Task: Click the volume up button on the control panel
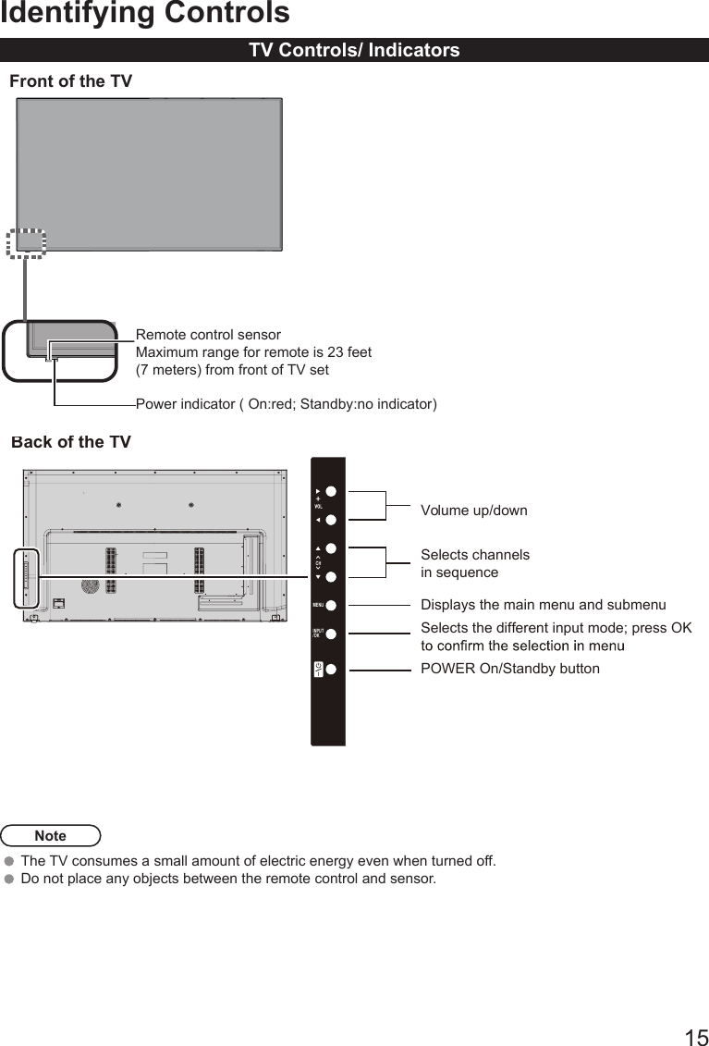tap(330, 492)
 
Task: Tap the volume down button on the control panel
tap(330, 521)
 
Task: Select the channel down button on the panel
tap(330, 577)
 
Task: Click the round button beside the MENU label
tap(330, 606)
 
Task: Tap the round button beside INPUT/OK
tap(330, 634)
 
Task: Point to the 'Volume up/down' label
tap(473, 511)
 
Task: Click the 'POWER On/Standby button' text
tap(509, 669)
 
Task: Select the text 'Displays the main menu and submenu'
tap(543, 606)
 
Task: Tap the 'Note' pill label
tap(51, 836)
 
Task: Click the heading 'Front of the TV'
tap(70, 81)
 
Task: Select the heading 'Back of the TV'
tap(71, 442)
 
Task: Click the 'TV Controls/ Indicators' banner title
tap(354, 51)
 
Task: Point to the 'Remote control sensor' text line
tap(208, 335)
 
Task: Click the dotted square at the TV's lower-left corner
tap(26, 243)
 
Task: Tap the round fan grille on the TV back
tap(90, 586)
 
